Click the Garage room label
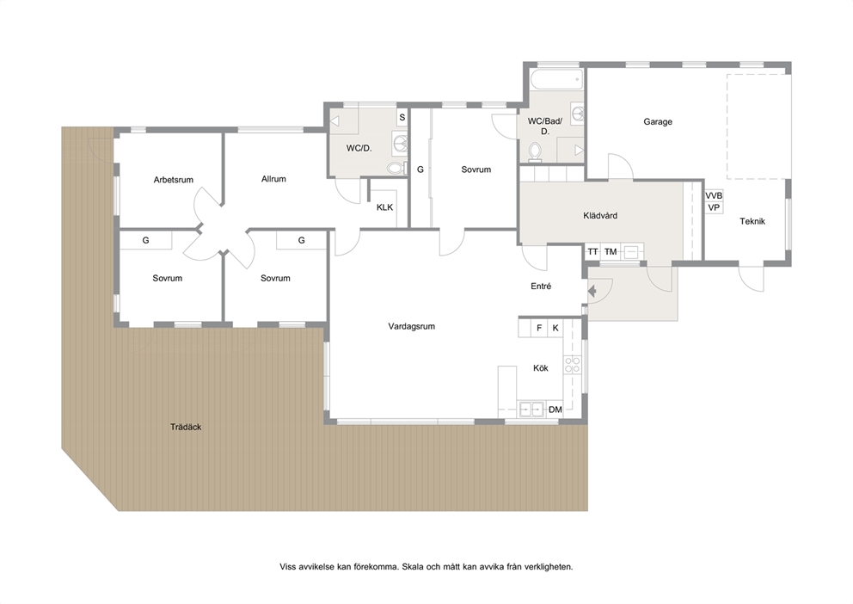[658, 122]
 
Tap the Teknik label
[752, 221]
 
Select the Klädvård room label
[600, 215]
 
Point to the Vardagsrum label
[411, 326]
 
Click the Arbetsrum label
[174, 180]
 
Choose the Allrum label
[273, 178]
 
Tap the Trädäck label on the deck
[186, 427]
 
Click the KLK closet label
[384, 207]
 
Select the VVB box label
[714, 195]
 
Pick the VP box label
[714, 207]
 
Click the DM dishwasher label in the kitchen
[555, 410]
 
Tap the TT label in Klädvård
[593, 252]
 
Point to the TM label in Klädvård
[611, 252]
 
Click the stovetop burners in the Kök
[572, 365]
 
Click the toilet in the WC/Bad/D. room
[536, 151]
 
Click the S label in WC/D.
[402, 117]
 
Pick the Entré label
[541, 287]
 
